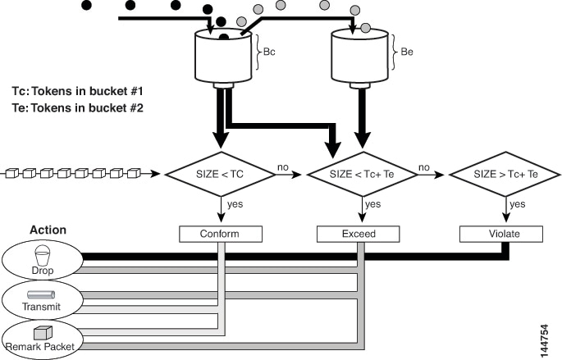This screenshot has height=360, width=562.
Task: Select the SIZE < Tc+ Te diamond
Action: tap(363, 175)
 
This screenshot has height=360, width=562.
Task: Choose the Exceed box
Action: tap(358, 235)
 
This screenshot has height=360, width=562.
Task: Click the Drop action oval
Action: tap(42, 261)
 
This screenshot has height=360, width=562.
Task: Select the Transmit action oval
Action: tap(42, 299)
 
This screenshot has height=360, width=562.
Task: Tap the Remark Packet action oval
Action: tap(42, 338)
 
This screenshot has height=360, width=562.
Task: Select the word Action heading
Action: tap(48, 230)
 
